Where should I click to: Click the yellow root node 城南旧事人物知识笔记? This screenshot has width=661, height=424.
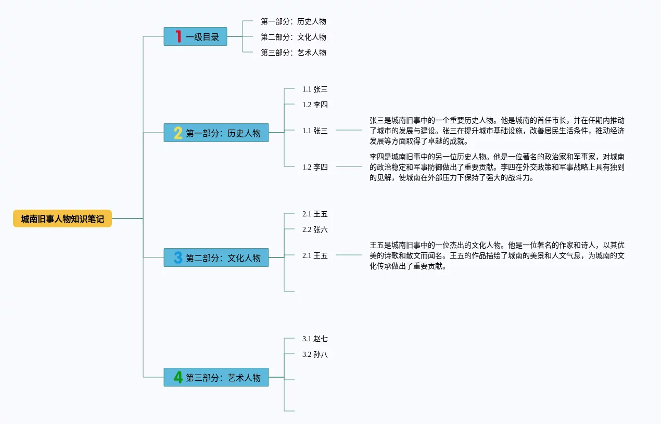click(62, 219)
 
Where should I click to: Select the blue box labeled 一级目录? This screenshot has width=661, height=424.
click(195, 36)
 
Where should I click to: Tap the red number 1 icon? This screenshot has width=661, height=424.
click(178, 36)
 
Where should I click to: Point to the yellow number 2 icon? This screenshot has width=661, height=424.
click(178, 133)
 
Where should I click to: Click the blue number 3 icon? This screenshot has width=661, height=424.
click(178, 258)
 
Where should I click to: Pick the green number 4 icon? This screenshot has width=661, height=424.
click(178, 377)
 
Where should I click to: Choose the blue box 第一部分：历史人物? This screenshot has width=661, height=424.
click(217, 133)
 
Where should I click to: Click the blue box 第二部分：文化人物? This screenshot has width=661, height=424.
click(217, 258)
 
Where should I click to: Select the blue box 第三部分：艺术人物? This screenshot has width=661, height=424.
click(217, 377)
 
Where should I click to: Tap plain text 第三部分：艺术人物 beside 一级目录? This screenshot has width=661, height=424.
click(294, 53)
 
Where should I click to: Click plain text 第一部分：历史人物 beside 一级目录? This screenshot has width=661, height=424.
click(294, 21)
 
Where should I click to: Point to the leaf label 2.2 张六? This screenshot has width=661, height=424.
click(315, 229)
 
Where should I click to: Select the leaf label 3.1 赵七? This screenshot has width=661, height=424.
click(315, 339)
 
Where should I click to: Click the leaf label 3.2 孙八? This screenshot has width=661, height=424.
click(315, 354)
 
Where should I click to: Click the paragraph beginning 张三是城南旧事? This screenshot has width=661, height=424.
click(497, 131)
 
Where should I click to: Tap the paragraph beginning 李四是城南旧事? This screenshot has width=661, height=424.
click(497, 167)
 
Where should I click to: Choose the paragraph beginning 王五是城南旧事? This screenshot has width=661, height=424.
click(497, 255)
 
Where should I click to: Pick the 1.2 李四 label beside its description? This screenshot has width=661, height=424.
click(315, 166)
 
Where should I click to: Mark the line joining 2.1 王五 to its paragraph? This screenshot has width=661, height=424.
click(349, 255)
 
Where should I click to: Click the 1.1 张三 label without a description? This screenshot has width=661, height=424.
click(315, 89)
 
